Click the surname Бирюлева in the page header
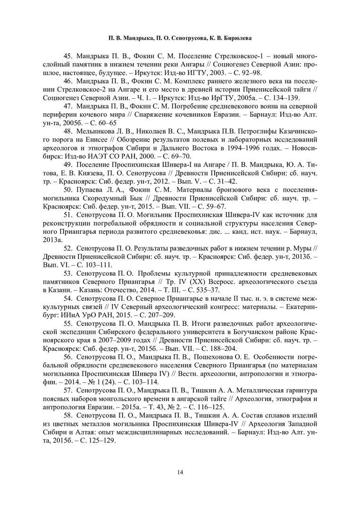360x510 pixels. tap(237, 37)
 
